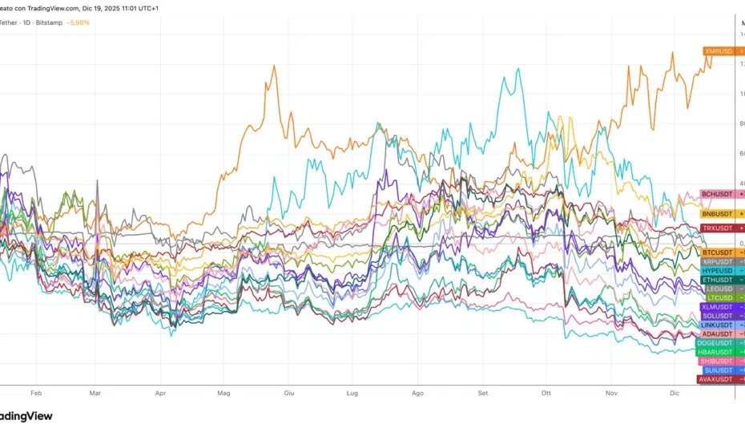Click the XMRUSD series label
click(719, 51)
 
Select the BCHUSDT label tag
click(717, 194)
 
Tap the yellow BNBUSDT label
click(717, 214)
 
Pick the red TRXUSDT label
click(717, 228)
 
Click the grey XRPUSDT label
click(717, 261)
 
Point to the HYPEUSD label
click(717, 271)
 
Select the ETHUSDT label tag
click(717, 280)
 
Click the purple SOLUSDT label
click(717, 316)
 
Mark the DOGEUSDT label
click(715, 343)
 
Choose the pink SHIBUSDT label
click(716, 361)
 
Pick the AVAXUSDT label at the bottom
click(715, 379)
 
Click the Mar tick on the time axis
click(95, 394)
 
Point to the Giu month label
click(289, 394)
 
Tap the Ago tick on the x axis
click(417, 394)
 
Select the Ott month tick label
click(546, 394)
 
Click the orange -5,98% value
click(79, 22)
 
